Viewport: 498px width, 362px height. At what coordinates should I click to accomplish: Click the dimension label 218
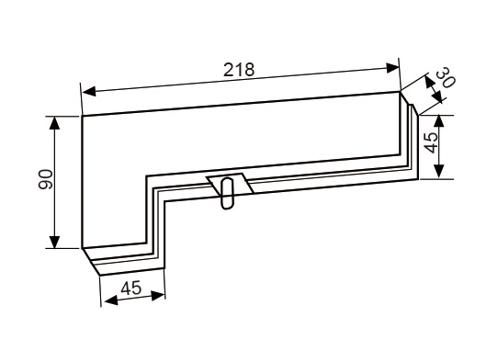239,70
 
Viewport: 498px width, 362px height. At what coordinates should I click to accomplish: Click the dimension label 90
45,180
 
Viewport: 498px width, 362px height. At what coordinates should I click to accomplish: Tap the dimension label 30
446,78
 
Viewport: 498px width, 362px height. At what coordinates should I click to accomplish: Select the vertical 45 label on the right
431,142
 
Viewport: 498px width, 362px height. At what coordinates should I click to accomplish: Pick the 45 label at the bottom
130,288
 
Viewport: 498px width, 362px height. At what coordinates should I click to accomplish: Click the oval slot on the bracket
227,193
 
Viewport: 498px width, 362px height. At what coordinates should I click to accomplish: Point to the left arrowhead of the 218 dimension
89,92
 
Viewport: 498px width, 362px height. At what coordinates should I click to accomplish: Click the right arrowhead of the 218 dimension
392,68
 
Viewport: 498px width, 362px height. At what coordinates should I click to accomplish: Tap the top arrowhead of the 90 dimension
54,123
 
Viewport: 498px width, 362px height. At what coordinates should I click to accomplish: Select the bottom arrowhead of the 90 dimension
54,242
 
